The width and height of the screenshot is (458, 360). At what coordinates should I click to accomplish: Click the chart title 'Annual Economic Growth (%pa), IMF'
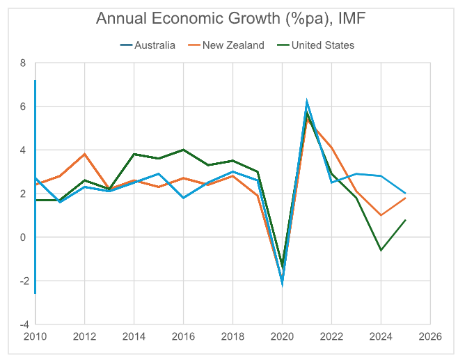coord(229,19)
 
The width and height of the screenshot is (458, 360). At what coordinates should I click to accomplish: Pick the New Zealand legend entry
coord(232,45)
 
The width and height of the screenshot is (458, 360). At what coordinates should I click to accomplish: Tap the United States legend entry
coord(322,45)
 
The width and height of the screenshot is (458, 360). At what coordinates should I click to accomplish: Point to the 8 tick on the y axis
coord(23,63)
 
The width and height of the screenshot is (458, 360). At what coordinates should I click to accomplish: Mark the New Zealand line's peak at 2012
coord(85,154)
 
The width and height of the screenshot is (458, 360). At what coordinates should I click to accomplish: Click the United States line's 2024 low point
coord(380,250)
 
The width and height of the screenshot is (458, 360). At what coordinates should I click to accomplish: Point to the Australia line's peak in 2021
coord(307,102)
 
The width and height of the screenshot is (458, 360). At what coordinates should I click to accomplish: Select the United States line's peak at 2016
coord(183,150)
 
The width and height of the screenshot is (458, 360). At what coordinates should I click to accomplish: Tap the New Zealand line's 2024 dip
coord(380,215)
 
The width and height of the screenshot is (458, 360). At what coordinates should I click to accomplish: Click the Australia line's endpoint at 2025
coord(405,194)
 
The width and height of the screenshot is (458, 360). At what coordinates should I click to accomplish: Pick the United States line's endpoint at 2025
coord(405,220)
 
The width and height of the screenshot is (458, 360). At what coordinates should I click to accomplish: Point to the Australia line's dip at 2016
coord(183,198)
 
